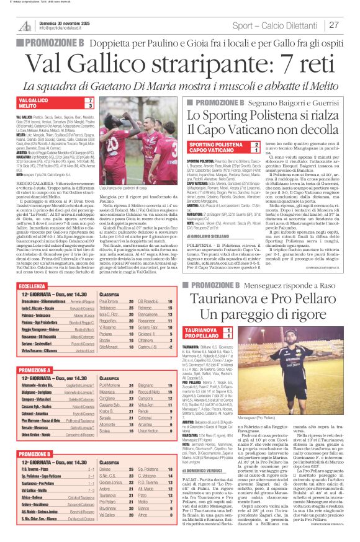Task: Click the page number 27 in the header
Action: tap(334, 25)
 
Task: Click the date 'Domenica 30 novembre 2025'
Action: tap(65, 22)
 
